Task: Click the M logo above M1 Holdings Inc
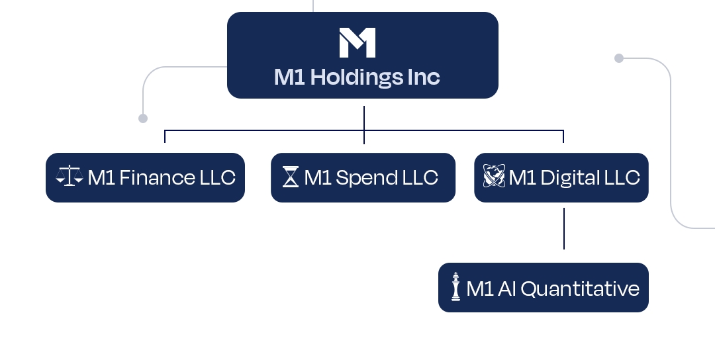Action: pos(358,42)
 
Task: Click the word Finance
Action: pos(157,178)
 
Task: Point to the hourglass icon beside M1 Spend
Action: pos(290,177)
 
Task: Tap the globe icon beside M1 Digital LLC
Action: pos(494,177)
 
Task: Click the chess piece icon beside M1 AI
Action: pos(455,287)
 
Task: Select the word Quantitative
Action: pos(580,289)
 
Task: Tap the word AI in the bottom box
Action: pos(505,289)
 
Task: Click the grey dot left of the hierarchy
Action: pos(142,118)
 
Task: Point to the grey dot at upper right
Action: pos(619,58)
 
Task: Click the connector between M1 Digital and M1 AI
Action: pos(564,228)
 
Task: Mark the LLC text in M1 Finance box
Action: pos(217,178)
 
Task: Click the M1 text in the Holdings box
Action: pos(289,78)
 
